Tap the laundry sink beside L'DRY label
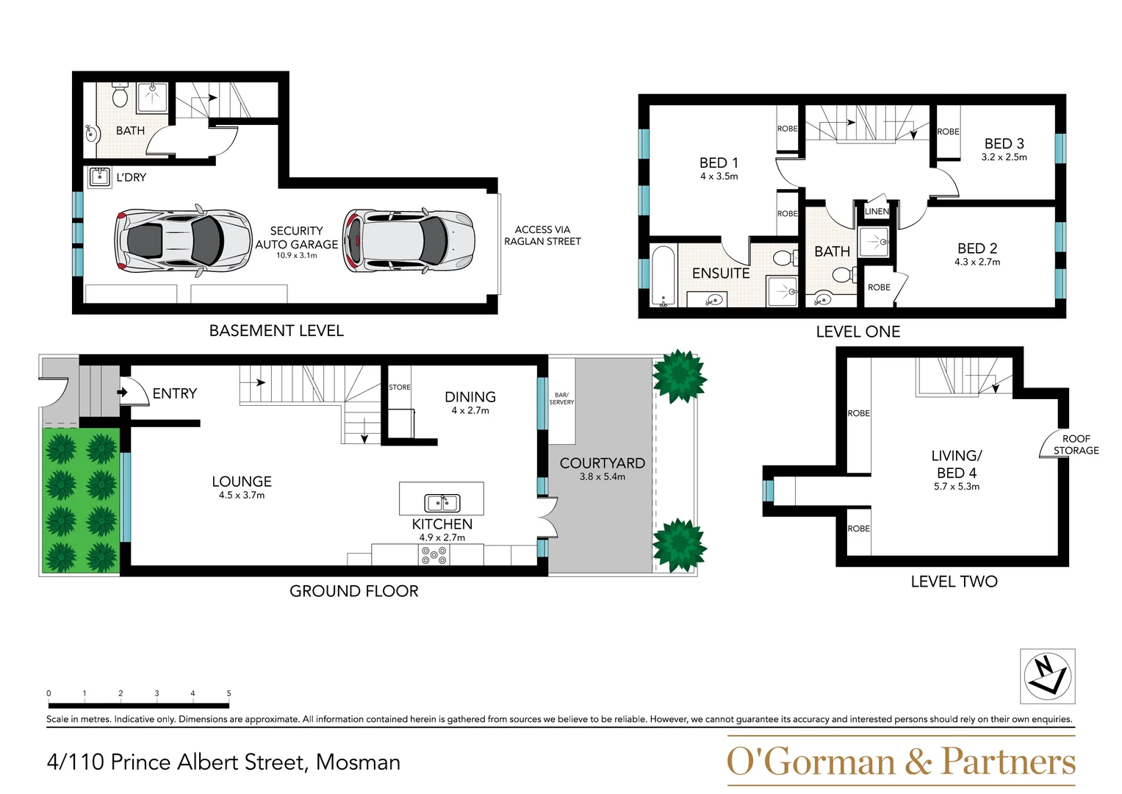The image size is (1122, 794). coord(99,177)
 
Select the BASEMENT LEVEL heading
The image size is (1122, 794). coord(276,331)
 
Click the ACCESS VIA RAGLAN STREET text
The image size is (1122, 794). coord(542,235)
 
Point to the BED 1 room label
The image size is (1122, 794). coord(719,162)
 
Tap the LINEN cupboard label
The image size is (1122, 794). coord(877,211)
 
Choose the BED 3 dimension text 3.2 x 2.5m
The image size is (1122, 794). coord(1004,157)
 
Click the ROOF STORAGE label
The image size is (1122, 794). coord(1076,444)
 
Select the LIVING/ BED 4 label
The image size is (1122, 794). coord(956,464)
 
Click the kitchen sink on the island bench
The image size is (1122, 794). coord(442,503)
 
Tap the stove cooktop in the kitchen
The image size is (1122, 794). coord(434,555)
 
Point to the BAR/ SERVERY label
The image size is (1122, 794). coord(561,398)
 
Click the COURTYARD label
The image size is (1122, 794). coord(602,463)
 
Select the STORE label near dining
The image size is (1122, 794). coord(400,387)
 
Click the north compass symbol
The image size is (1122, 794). coord(1047,676)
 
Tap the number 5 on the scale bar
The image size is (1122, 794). coord(229,693)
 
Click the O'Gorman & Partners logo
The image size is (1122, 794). coord(900,762)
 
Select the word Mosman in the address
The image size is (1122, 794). coord(358,762)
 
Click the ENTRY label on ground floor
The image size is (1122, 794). coord(174,393)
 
